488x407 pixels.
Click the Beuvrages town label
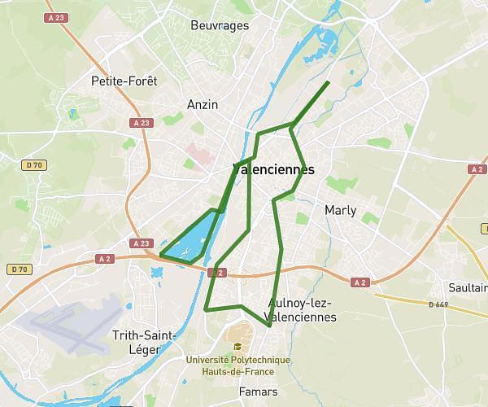[219, 25]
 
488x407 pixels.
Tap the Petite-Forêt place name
[124, 81]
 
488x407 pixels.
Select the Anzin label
[203, 104]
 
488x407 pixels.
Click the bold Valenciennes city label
[273, 170]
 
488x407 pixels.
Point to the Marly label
[340, 210]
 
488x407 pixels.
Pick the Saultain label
[467, 288]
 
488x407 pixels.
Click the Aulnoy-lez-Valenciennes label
[301, 310]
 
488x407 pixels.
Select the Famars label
[258, 391]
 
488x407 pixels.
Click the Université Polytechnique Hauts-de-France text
[237, 364]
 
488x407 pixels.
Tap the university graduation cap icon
[237, 347]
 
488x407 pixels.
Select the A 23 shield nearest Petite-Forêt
[141, 122]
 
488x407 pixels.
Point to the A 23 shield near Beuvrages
[55, 17]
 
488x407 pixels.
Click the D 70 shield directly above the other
[33, 165]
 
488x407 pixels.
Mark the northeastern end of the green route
[328, 82]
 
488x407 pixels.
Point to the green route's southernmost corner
[269, 326]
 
